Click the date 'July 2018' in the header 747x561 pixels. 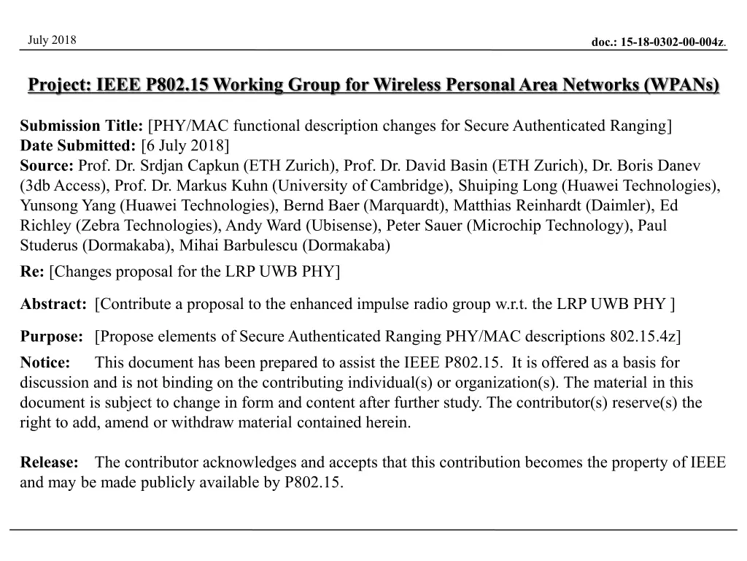[52, 39]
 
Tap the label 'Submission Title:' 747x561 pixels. [82, 126]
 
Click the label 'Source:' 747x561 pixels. [47, 166]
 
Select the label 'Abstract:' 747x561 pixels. [54, 304]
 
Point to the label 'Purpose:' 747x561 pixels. [52, 336]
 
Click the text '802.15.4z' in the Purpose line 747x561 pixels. [643, 336]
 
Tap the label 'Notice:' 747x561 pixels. [45, 362]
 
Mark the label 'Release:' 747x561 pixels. [49, 462]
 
